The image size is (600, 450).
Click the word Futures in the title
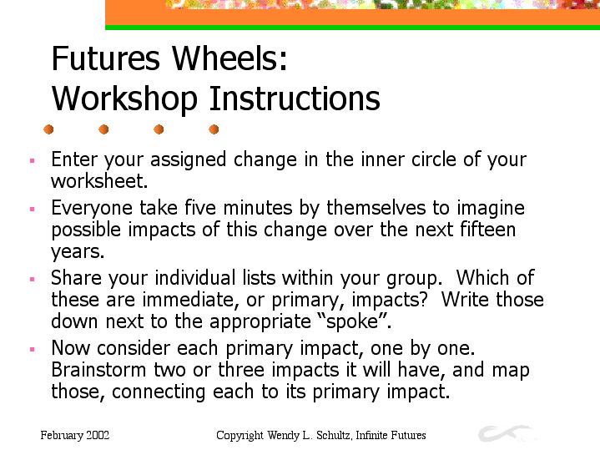tap(105, 58)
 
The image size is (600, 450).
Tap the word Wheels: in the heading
tap(229, 58)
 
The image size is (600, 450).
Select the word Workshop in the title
tap(124, 99)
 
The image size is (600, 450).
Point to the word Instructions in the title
tap(295, 98)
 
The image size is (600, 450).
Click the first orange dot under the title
tap(48, 129)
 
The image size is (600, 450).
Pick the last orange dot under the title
tap(214, 129)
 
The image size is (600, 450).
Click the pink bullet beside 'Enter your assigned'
tap(33, 160)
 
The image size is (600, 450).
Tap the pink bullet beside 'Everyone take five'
tap(33, 209)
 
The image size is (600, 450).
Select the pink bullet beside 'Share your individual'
tap(33, 279)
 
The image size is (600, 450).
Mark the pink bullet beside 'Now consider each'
tap(33, 349)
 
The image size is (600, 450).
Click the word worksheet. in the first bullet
tap(99, 181)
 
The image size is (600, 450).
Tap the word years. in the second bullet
tap(78, 252)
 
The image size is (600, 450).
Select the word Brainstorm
tap(98, 370)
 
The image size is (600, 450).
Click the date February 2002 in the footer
tap(75, 436)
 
